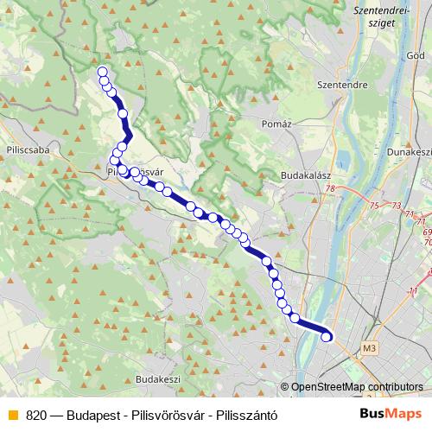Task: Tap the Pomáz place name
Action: (x=277, y=124)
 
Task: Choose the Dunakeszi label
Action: (x=410, y=151)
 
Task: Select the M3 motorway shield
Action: (x=371, y=348)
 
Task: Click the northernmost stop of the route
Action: (x=103, y=72)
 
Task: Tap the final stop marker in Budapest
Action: (x=327, y=337)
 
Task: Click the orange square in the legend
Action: (x=12, y=415)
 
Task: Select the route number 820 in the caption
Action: (x=35, y=415)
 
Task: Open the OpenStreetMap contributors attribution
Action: (x=357, y=387)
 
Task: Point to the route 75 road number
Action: (x=374, y=206)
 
